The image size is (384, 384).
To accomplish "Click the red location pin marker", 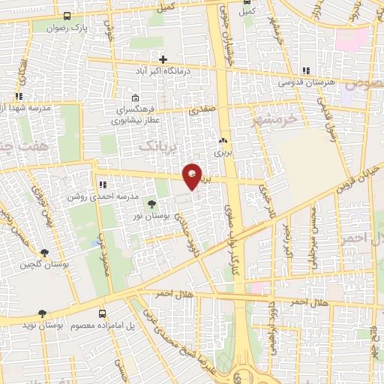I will (193, 176).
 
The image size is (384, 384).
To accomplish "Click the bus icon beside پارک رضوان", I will (67, 16).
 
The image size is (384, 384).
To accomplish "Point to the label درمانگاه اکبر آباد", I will (163, 70).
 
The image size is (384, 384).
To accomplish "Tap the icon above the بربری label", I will (221, 140).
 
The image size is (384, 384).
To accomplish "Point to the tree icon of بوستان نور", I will (152, 203).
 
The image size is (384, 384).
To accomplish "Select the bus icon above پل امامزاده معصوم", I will (103, 314).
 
